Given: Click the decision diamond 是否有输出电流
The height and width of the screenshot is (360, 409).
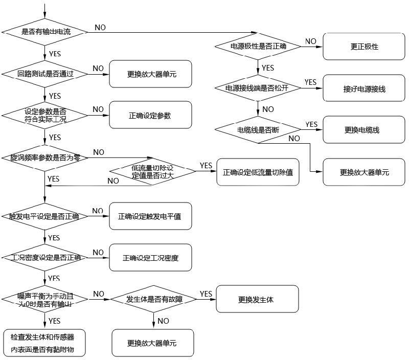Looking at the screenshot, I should point(46,32).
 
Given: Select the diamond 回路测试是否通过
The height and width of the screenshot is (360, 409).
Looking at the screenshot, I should point(46,74).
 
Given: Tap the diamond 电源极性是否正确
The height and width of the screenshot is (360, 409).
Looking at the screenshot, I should point(258,47).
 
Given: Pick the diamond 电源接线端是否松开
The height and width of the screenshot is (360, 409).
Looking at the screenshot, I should point(258,88).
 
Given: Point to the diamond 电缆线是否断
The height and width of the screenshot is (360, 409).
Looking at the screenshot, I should point(258,130).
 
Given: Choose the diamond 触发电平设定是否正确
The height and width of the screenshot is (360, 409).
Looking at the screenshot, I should point(46,216).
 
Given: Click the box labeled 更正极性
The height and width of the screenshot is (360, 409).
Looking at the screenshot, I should point(364,47).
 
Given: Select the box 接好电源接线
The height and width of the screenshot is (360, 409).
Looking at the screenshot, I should point(364,88).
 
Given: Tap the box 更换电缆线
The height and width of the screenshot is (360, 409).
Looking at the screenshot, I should point(364,130).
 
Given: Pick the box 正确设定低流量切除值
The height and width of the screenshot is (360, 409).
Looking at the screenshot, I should point(258,172).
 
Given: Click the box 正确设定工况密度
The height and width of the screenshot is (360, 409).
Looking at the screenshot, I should point(150,258).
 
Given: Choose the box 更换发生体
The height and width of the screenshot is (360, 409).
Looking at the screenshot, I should point(257,299).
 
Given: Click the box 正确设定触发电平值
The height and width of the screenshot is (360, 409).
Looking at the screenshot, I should point(150,216).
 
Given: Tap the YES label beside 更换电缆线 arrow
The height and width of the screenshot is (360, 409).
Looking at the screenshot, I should point(311,124).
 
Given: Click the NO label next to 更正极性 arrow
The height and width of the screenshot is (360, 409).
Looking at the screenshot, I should point(310,41).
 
